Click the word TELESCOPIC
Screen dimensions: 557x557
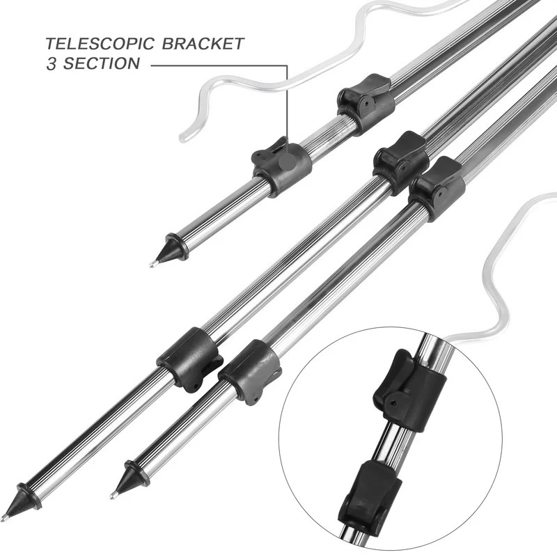pyautogui.click(x=100, y=44)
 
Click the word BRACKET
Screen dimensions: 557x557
pyautogui.click(x=203, y=44)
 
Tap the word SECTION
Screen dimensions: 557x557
pyautogui.click(x=102, y=63)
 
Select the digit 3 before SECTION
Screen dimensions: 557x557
pyautogui.click(x=52, y=63)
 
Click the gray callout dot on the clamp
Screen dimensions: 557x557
pyautogui.click(x=287, y=162)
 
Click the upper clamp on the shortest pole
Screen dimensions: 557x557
pyautogui.click(x=366, y=104)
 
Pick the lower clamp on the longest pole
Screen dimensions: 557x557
pyautogui.click(x=189, y=359)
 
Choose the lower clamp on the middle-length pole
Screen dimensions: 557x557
pyautogui.click(x=250, y=372)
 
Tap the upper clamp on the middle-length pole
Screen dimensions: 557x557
pyautogui.click(x=437, y=188)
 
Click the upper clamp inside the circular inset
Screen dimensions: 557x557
pyautogui.click(x=410, y=390)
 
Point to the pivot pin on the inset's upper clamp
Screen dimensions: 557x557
pyautogui.click(x=393, y=404)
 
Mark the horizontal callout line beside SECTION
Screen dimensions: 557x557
pyautogui.click(x=219, y=65)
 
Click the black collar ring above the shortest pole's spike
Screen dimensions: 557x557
pyautogui.click(x=177, y=247)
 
